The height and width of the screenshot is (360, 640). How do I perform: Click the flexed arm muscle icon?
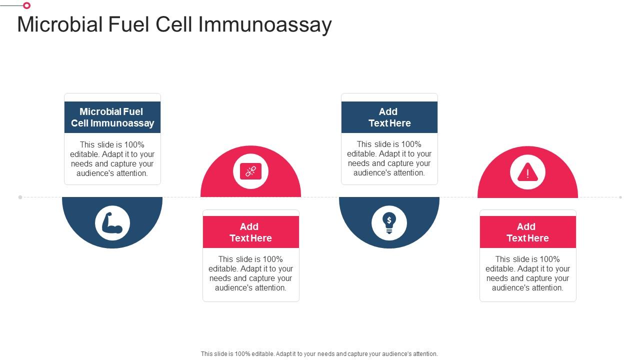pos(112,223)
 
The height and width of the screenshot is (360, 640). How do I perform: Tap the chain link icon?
pos(250,171)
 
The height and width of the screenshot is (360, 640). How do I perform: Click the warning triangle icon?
pos(527,172)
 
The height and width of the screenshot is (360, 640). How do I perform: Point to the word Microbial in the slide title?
pos(60,25)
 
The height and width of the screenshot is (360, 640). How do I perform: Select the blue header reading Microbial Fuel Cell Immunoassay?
pos(112,117)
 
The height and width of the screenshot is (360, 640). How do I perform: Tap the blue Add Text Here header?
pos(389,117)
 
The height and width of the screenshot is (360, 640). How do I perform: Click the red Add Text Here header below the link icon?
pos(250,232)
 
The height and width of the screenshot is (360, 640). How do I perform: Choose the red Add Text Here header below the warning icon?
pos(527,232)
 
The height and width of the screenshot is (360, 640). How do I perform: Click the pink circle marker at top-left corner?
pos(26,5)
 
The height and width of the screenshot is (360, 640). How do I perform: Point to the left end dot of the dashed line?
pos(20,197)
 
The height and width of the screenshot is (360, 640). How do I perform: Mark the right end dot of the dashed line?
pos(620,197)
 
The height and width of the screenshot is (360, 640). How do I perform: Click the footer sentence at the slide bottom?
pos(319,353)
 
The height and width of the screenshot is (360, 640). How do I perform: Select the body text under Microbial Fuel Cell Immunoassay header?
pos(112,159)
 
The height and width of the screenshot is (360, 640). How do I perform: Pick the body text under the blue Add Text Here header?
pos(389,158)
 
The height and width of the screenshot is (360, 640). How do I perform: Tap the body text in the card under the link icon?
pos(250,273)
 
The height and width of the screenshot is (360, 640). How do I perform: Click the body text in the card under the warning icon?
pos(527,273)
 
